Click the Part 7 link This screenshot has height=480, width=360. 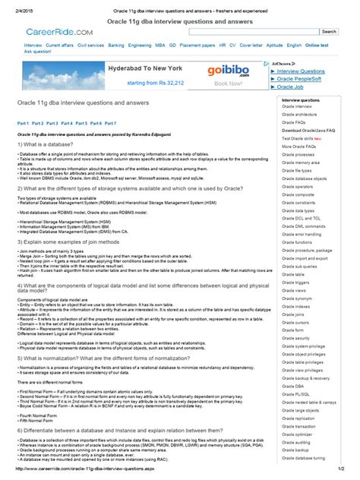[x=110, y=122]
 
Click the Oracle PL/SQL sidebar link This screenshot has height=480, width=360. [x=296, y=393]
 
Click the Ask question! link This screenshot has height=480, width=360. [x=39, y=52]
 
